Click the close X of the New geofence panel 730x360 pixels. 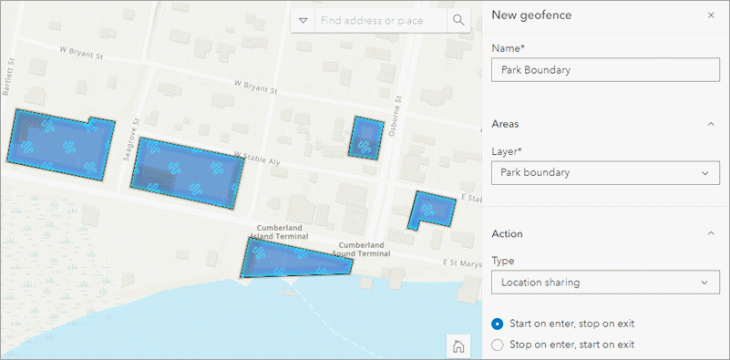click(711, 15)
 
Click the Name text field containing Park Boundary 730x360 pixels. click(605, 70)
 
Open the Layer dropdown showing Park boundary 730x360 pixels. click(605, 172)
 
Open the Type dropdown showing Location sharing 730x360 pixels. click(605, 283)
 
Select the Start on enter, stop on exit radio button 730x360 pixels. click(498, 324)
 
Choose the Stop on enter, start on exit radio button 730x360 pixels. click(498, 345)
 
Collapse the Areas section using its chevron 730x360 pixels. click(711, 124)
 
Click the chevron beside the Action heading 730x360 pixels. click(711, 234)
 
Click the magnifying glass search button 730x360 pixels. click(458, 20)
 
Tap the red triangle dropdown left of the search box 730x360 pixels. click(303, 20)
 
